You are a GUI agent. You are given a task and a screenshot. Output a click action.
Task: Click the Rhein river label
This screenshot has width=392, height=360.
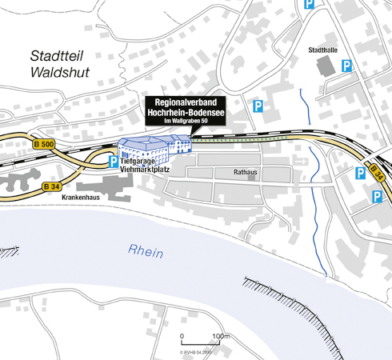point(146,252)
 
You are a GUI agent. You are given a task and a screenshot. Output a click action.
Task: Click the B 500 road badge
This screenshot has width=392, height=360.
point(21,144)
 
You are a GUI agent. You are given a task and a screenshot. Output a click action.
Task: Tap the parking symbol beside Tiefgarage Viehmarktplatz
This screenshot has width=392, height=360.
point(114,162)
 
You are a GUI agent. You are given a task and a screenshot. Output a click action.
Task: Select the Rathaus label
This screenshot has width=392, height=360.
point(245,172)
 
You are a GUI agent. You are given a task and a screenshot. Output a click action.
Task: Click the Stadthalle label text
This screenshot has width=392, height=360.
point(322,50)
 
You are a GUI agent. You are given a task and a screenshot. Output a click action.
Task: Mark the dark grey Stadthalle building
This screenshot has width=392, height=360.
point(326,66)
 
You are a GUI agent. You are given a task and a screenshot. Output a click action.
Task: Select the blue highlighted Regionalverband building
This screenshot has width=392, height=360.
point(154,147)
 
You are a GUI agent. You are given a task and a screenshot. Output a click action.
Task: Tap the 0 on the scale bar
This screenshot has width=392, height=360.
point(182,336)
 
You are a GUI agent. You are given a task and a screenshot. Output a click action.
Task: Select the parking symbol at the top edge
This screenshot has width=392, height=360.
point(309,5)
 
